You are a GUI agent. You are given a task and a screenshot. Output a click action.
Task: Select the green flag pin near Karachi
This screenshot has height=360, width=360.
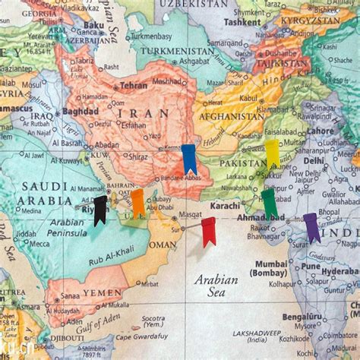pos(269,204)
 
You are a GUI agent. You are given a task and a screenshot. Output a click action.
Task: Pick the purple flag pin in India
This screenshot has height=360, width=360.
pos(311,226)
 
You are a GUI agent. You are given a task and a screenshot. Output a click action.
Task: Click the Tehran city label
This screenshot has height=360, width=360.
pos(133,86)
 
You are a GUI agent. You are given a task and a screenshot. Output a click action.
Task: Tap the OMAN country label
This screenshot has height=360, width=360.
pos(161,245)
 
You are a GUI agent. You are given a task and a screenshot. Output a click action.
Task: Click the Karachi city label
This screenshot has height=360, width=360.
pos(225,206)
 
